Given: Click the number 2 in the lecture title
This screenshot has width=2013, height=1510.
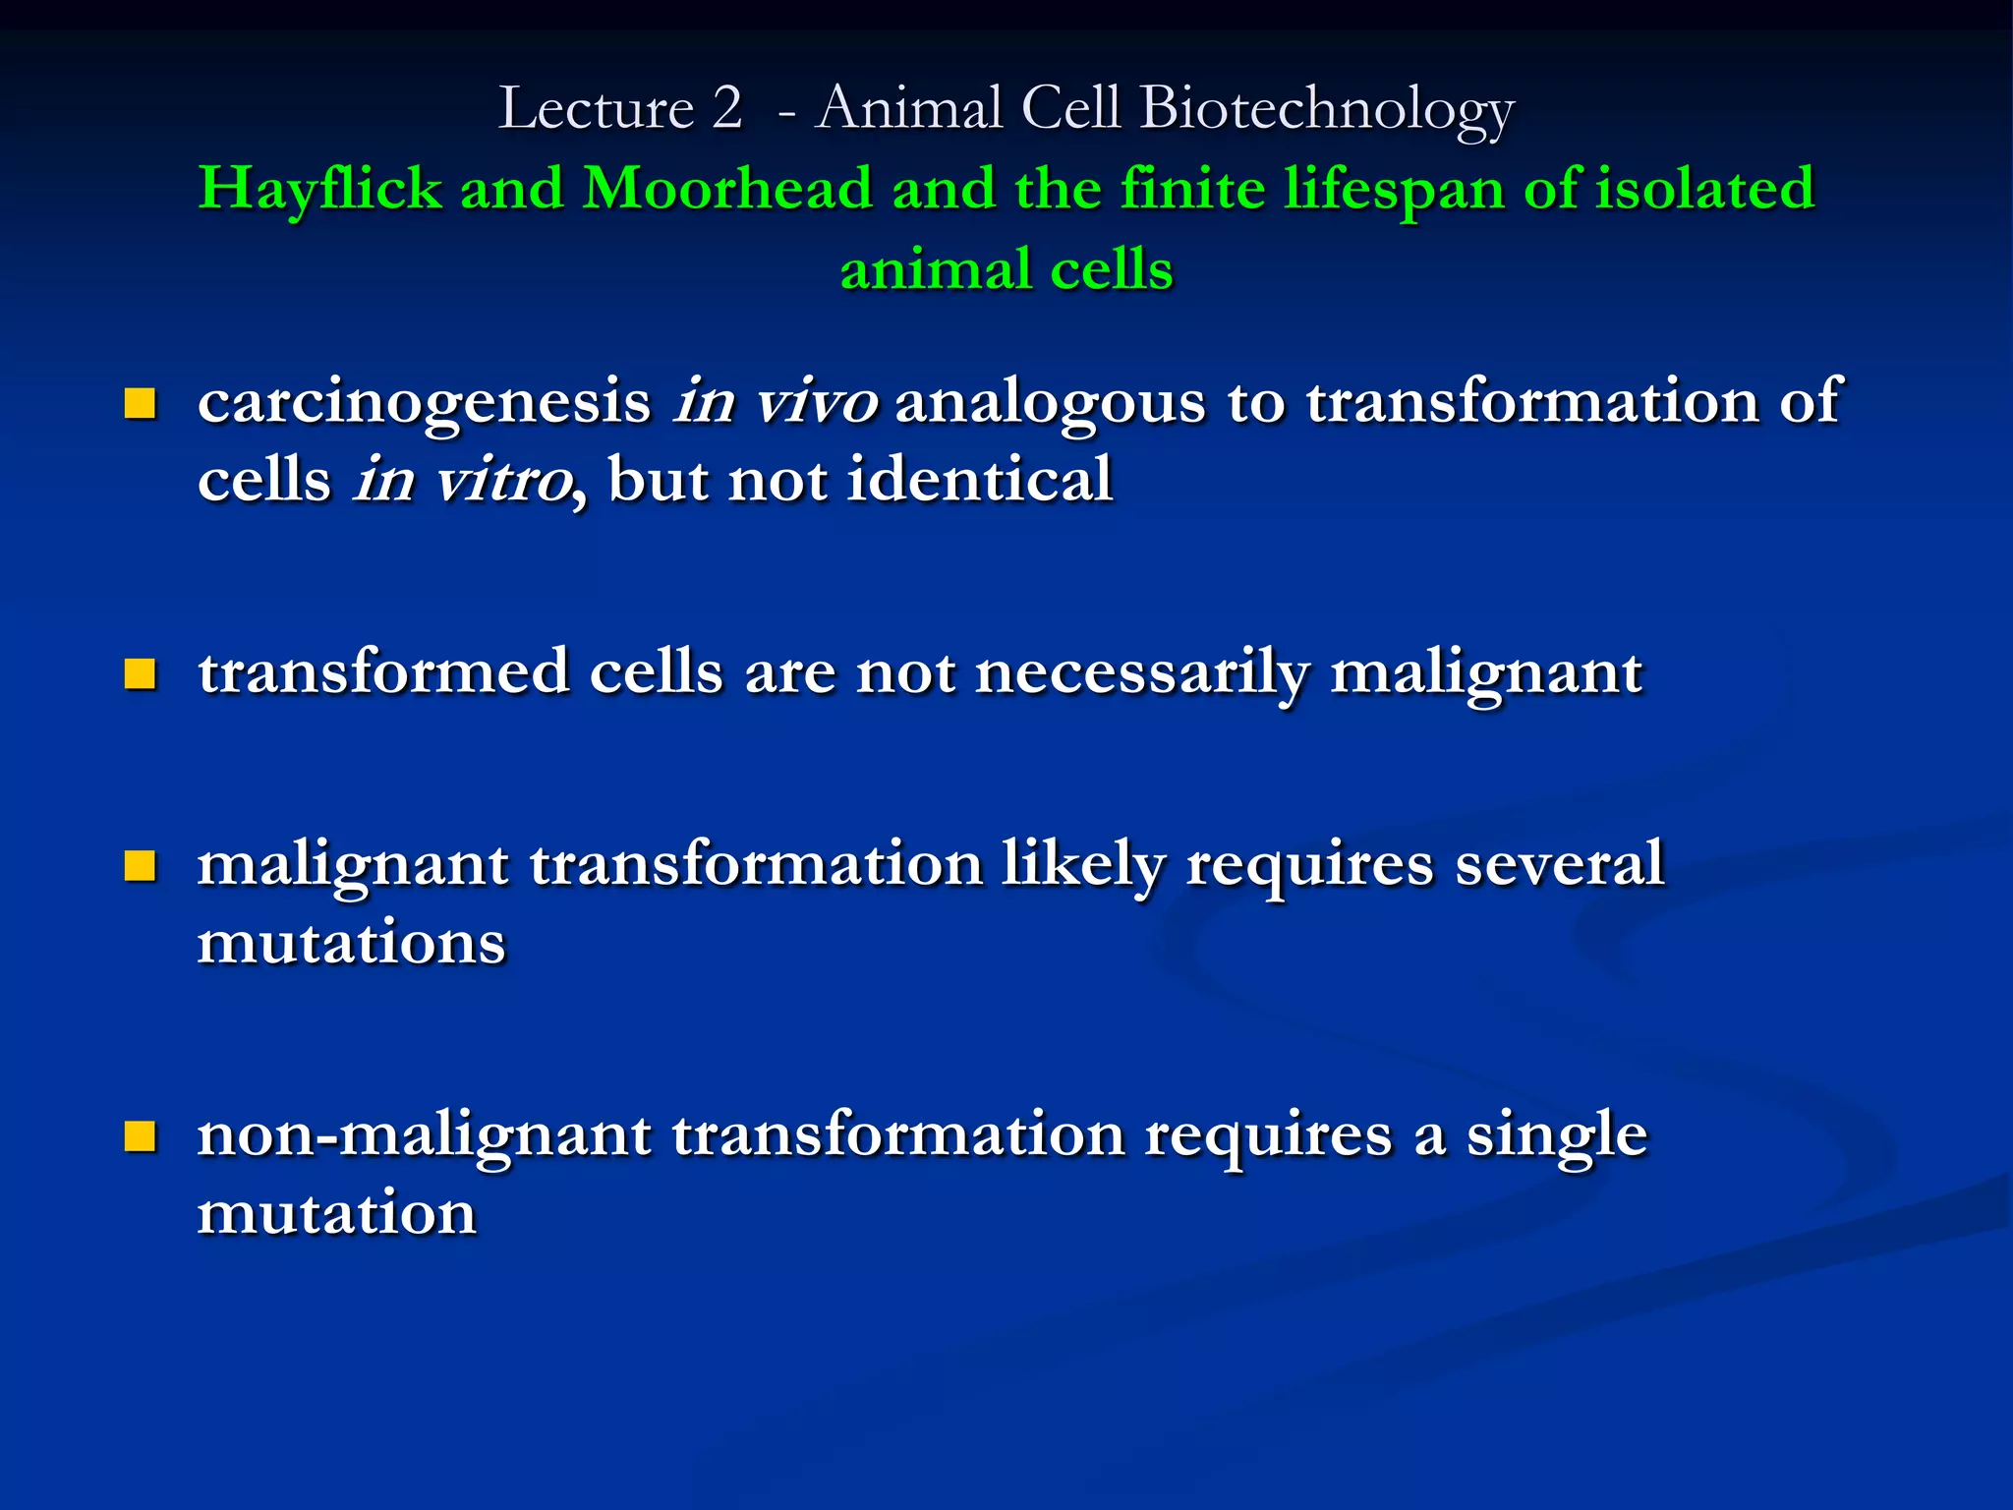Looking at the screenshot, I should [x=726, y=107].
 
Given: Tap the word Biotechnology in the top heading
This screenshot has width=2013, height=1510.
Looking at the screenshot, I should [x=1327, y=110].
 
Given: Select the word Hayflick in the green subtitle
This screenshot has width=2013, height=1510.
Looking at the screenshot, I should [x=319, y=189].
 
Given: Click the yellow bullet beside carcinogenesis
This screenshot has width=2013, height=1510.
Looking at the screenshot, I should [x=141, y=403].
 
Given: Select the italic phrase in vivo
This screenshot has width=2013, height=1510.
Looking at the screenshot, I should [x=776, y=401].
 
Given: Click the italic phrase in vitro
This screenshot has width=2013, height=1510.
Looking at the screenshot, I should [x=463, y=481].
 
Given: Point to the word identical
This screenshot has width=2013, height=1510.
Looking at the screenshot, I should [x=979, y=480].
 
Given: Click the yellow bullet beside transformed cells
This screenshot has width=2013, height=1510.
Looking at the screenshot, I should [x=141, y=673].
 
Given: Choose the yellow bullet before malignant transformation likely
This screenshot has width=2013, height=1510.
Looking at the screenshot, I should [x=141, y=865].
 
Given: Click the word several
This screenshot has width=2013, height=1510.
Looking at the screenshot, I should [x=1559, y=864].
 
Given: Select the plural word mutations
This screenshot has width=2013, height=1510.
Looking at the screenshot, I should [x=351, y=943].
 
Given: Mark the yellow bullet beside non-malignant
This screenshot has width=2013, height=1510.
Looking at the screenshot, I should [x=141, y=1136].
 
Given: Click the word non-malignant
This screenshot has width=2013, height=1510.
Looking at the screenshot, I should [x=424, y=1136].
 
